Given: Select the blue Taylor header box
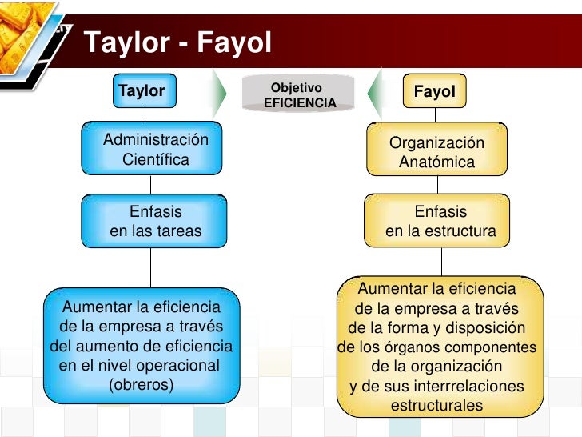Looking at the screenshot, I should (142, 90).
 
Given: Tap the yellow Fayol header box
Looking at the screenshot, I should (435, 92).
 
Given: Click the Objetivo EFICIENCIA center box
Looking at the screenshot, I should (299, 94).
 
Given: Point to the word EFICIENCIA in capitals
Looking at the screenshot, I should (299, 103).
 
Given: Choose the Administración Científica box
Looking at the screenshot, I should (156, 150).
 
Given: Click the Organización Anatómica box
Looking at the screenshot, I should (436, 152).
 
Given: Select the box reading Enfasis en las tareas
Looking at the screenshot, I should (156, 222).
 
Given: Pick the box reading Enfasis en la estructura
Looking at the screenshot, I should (440, 222).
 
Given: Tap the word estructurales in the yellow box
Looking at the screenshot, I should (436, 405).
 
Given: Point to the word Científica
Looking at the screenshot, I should (156, 159).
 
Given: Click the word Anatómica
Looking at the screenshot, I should (436, 162).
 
